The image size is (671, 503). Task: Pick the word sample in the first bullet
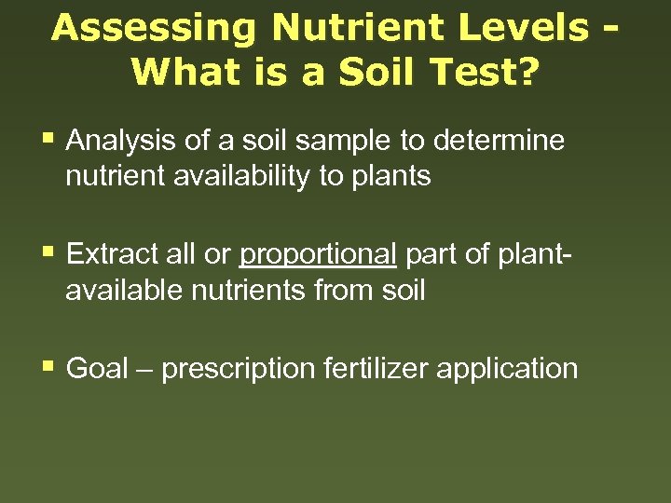coord(337,142)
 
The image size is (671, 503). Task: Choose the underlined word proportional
coord(319,254)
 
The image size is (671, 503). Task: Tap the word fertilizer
coord(376,368)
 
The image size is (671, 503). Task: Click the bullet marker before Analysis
coord(48,141)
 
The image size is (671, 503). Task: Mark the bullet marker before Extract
coord(48,253)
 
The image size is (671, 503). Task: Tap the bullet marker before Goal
coord(48,367)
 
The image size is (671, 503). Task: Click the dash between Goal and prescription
coord(146,370)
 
